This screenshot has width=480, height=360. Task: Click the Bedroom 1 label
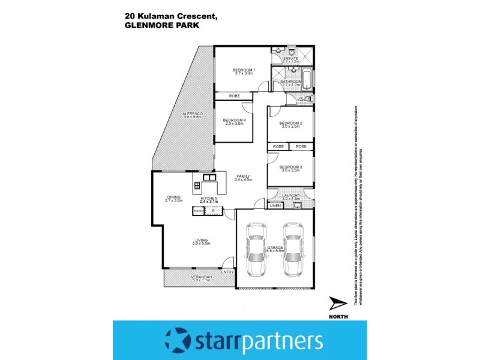tap(244, 70)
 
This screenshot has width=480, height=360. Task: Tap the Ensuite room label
tap(291, 58)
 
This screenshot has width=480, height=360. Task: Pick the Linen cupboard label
tap(275, 206)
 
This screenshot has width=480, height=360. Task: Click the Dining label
tap(174, 197)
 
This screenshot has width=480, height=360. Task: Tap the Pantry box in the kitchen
tap(198, 211)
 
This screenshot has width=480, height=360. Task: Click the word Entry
tap(227, 272)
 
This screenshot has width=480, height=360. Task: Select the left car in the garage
tap(257, 248)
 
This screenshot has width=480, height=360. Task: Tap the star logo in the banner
tap(177, 341)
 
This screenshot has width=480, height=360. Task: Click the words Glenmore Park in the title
tap(163, 26)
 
